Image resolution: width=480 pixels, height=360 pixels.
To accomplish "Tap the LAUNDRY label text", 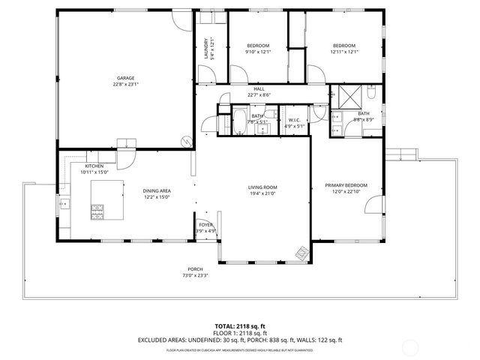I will click(205, 49).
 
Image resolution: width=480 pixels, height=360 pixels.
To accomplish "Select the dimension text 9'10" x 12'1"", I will click(258, 52).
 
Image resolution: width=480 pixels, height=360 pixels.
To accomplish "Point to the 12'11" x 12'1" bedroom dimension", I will click(344, 52).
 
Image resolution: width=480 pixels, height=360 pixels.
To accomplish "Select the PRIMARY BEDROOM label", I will click(346, 185).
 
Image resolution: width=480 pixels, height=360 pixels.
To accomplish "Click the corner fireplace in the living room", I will click(301, 253).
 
